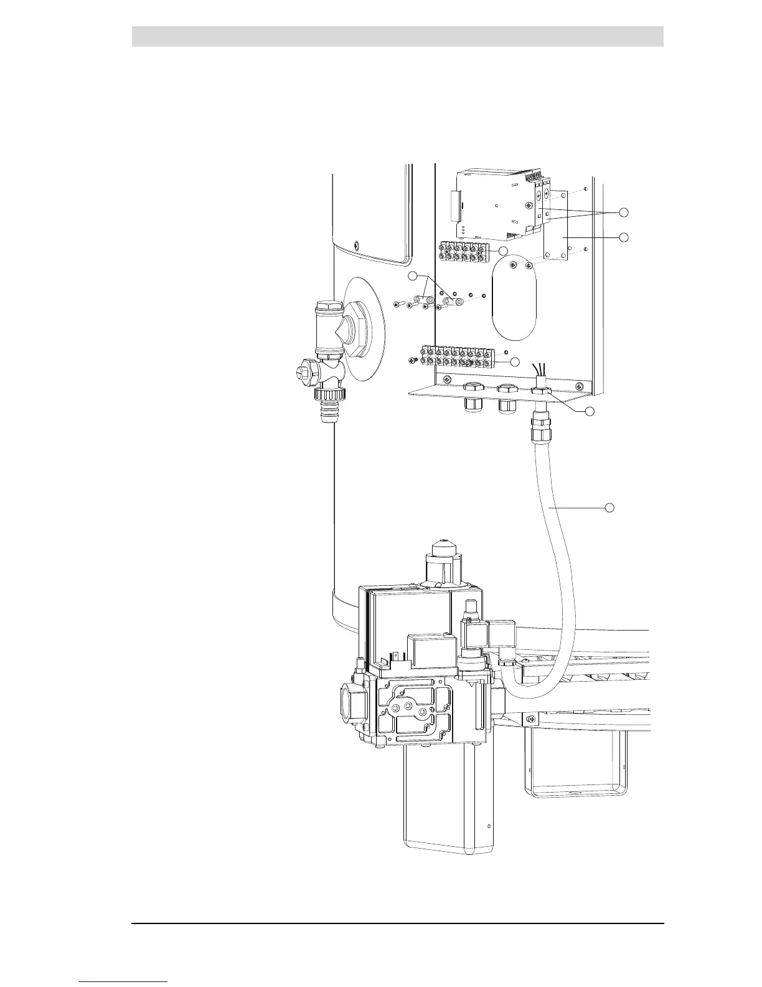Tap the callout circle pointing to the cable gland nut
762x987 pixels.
(590, 411)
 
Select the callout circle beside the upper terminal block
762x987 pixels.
(504, 250)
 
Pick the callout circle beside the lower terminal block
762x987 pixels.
(514, 362)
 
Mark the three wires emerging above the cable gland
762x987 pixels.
(539, 370)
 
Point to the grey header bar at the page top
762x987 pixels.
(397, 36)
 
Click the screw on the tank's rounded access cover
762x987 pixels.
(356, 245)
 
